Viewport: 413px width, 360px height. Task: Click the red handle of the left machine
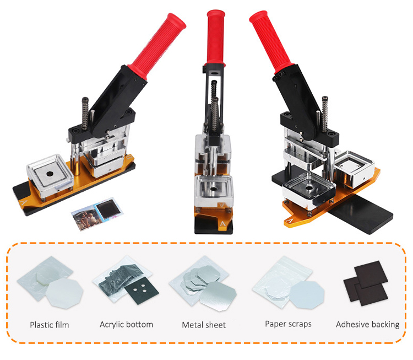point(157,45)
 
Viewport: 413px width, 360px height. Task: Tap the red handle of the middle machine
point(216,37)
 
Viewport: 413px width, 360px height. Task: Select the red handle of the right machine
point(271,42)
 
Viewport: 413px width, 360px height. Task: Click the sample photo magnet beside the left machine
point(97,213)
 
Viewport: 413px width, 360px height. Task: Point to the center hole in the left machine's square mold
point(50,174)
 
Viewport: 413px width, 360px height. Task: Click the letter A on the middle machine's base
point(223,224)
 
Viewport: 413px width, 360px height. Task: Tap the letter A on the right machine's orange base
point(290,220)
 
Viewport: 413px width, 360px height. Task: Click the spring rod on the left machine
point(85,114)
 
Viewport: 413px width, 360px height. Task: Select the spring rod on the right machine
point(325,114)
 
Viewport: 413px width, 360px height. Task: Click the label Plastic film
point(50,325)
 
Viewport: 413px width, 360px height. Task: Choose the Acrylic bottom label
point(127,324)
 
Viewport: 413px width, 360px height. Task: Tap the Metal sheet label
point(204,325)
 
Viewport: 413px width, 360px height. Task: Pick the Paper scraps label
point(288,324)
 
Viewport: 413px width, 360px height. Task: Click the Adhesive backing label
point(368,324)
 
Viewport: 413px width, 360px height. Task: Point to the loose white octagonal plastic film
point(64,293)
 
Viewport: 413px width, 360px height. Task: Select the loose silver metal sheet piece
point(218,296)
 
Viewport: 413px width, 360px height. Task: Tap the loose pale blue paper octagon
point(307,294)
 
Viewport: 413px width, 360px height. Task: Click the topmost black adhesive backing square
point(371,275)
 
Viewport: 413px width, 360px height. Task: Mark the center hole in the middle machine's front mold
point(213,189)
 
